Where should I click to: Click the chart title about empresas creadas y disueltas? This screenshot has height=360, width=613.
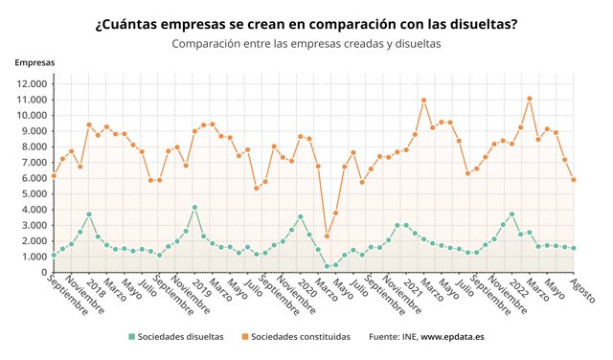click(x=306, y=24)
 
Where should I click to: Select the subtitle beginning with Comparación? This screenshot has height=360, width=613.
click(x=306, y=44)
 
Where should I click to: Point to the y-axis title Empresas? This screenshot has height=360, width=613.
click(x=34, y=62)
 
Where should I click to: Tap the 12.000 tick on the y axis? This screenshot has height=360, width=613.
click(x=30, y=84)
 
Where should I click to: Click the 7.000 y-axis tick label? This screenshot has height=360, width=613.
click(x=33, y=163)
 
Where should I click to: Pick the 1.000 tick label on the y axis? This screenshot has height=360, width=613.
click(x=33, y=257)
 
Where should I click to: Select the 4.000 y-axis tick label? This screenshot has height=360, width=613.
click(x=33, y=210)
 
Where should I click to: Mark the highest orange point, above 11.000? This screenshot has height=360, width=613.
click(x=530, y=99)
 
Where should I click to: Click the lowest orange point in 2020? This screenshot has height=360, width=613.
click(x=327, y=236)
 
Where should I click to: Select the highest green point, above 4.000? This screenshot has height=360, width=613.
click(x=194, y=208)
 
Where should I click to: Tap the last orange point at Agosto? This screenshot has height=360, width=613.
click(x=574, y=179)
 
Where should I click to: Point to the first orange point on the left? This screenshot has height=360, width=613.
click(x=54, y=175)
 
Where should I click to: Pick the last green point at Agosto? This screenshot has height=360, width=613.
click(x=574, y=248)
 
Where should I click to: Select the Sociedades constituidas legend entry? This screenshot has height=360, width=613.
click(x=302, y=337)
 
